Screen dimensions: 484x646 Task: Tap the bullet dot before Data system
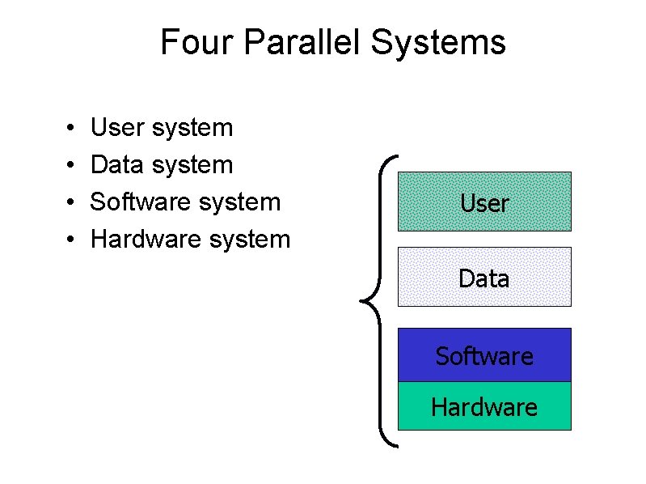point(71,166)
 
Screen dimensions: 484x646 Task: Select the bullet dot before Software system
point(71,202)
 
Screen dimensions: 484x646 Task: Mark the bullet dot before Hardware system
point(71,240)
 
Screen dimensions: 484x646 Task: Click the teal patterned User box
point(484,202)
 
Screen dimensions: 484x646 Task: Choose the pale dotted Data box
point(484,277)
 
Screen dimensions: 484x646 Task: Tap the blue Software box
point(484,355)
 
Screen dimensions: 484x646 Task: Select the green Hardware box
point(484,405)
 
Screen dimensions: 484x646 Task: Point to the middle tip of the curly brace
point(360,302)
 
